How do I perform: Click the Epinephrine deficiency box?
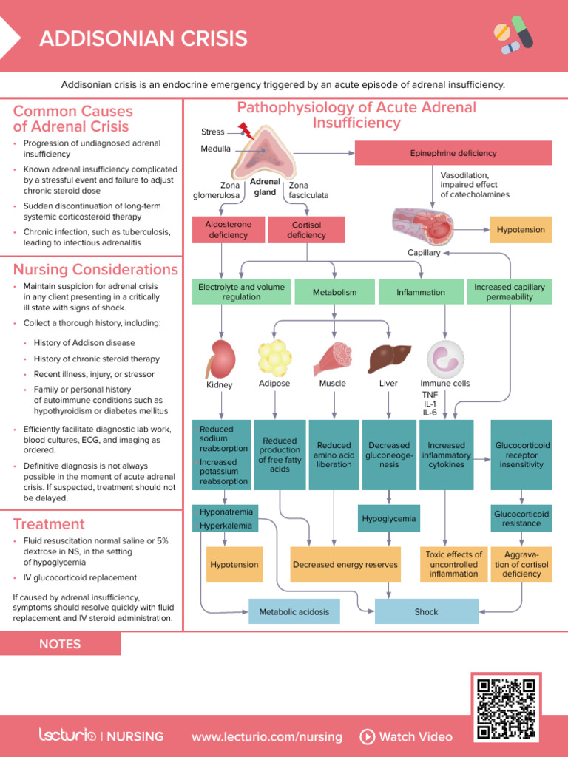coord(453,153)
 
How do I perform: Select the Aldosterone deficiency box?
coord(229,229)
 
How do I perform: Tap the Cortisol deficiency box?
coord(306,229)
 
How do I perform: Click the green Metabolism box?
coord(334,292)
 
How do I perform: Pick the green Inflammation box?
coord(421,292)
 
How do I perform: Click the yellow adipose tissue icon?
coord(274,358)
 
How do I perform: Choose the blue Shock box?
coord(427,612)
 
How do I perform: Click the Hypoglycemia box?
coord(389,519)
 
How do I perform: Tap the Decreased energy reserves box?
coord(345,565)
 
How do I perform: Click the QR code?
coord(507,707)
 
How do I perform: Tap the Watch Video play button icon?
coord(367,736)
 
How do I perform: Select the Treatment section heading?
coord(49,524)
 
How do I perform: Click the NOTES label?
coord(60,644)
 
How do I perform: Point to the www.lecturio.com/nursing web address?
coord(266,736)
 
